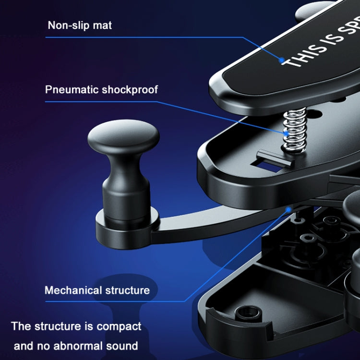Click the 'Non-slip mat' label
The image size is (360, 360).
80,25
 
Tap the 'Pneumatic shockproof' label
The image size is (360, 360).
101,89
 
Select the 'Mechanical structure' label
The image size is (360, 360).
97,290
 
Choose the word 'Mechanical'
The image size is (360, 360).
73,290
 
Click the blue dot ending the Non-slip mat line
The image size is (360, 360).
282,60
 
